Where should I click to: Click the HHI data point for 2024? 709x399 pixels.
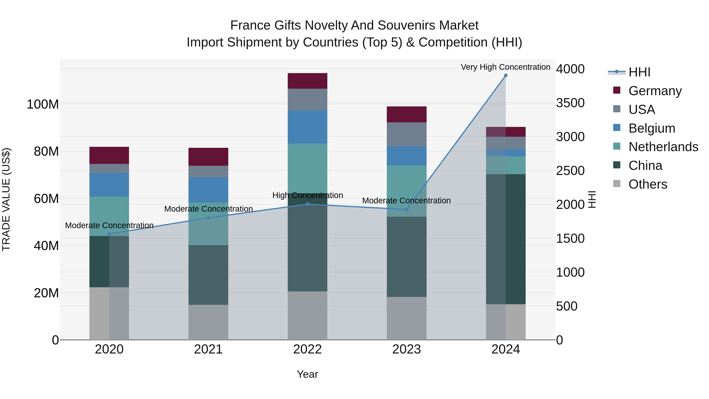point(506,75)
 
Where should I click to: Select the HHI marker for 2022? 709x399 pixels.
point(307,204)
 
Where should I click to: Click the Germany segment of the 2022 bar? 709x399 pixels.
point(307,81)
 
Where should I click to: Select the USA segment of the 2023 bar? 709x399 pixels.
point(406,134)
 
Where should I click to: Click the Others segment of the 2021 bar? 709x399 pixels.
point(208,322)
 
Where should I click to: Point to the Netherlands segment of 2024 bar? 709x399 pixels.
point(506,165)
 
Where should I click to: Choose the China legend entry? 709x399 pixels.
point(645,166)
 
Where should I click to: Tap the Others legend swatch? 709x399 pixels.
point(617,184)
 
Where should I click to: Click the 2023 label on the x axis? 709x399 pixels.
point(406,349)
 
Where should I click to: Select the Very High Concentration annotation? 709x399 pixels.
point(505,67)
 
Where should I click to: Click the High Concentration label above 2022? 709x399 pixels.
point(307,195)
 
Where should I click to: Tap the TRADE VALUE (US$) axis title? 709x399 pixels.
point(6,199)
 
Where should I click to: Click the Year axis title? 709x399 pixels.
point(307,374)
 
